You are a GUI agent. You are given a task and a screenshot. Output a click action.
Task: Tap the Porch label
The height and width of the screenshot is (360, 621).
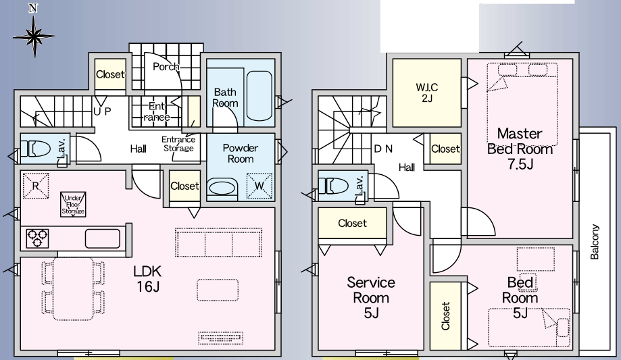pos(166,66)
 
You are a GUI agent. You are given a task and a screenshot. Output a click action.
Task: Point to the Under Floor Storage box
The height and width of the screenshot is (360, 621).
pos(73,203)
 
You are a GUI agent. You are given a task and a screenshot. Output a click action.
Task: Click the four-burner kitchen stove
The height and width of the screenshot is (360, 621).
pos(38,238)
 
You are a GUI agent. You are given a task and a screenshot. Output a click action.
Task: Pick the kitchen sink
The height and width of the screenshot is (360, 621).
pos(103,238)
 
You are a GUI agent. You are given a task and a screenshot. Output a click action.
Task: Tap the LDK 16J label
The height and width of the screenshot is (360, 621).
pos(147,279)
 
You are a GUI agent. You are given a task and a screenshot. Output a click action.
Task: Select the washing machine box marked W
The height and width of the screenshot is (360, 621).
pos(259,185)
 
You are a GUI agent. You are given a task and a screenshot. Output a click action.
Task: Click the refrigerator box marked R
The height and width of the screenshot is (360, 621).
pos(36,185)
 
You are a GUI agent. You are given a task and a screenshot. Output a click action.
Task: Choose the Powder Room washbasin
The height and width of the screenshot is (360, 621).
pos(221,187)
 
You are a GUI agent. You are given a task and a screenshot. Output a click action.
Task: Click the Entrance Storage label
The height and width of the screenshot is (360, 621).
pos(178,144)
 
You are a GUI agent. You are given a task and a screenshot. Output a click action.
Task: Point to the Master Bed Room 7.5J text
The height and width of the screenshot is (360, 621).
pos(520,149)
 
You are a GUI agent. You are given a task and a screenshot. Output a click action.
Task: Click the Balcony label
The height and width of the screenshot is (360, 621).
pos(595,242)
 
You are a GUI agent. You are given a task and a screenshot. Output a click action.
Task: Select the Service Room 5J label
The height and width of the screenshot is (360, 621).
pos(371,297)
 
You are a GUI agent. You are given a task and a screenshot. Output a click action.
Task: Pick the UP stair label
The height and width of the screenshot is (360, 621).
pos(102,111)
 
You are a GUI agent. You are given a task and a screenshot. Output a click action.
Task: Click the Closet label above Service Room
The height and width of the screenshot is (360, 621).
pos(352,223)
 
